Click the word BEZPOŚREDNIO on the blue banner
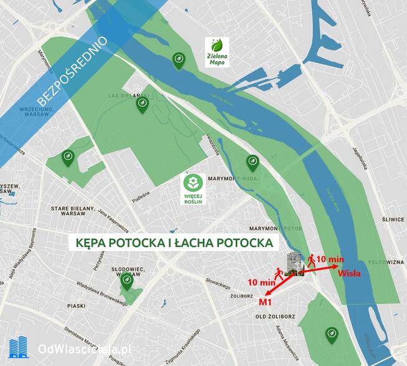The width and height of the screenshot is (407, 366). click(72, 71)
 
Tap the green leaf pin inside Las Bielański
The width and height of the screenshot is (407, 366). click(143, 104)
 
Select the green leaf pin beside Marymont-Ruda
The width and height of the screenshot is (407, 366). click(252, 162)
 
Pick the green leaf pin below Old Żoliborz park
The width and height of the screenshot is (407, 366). click(332, 334)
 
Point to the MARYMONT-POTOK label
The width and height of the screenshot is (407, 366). click(275, 229)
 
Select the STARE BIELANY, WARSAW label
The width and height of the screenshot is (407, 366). click(73, 211)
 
